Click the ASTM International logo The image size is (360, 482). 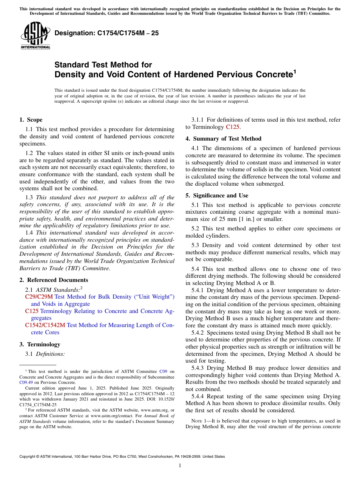pyautogui.click(x=35, y=35)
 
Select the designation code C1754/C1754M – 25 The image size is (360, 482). pyautogui.click(x=106, y=33)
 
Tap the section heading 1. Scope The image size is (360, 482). pyautogui.click(x=31, y=120)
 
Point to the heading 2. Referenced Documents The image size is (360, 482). pyautogui.click(x=53, y=280)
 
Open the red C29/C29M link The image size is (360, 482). pyautogui.click(x=39, y=297)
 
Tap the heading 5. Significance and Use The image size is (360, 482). pyautogui.click(x=217, y=196)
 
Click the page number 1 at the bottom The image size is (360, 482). pyautogui.click(x=180, y=466)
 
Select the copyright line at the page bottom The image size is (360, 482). pyautogui.click(x=122, y=457)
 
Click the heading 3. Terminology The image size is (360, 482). pyautogui.click(x=40, y=344)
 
